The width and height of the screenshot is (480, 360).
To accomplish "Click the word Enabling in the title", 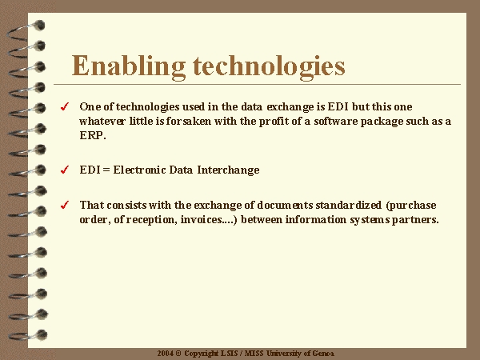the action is (129, 66).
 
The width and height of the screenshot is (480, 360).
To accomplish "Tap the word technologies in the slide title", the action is (269, 66).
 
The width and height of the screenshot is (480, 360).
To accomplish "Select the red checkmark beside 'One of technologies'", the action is (65, 106).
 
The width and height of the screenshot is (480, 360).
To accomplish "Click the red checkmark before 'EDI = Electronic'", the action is (65, 170).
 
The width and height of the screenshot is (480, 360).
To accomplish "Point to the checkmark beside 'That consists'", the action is (65, 205).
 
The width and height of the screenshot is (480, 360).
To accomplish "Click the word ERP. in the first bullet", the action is (93, 135).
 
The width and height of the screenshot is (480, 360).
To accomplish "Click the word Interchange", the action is (228, 170).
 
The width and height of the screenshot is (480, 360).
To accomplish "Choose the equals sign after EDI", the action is (106, 170).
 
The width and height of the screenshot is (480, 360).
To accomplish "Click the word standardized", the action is (348, 205).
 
